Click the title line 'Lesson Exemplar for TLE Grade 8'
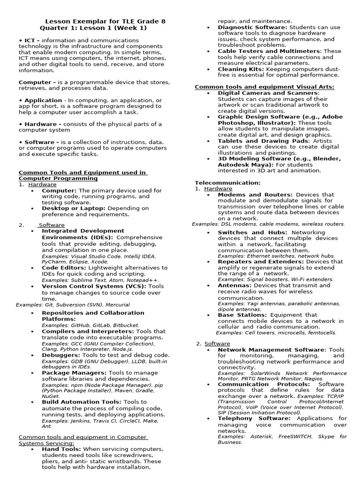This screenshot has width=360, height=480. click(105, 22)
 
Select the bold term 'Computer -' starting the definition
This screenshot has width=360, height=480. click(37, 82)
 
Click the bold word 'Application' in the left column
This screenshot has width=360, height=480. click(43, 100)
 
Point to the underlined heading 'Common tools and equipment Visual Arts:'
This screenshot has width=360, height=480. click(264, 87)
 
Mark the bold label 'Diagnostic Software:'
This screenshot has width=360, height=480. click(253, 28)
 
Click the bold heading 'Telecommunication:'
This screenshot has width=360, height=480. click(227, 183)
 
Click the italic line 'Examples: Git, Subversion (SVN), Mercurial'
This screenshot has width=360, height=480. click(73, 305)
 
